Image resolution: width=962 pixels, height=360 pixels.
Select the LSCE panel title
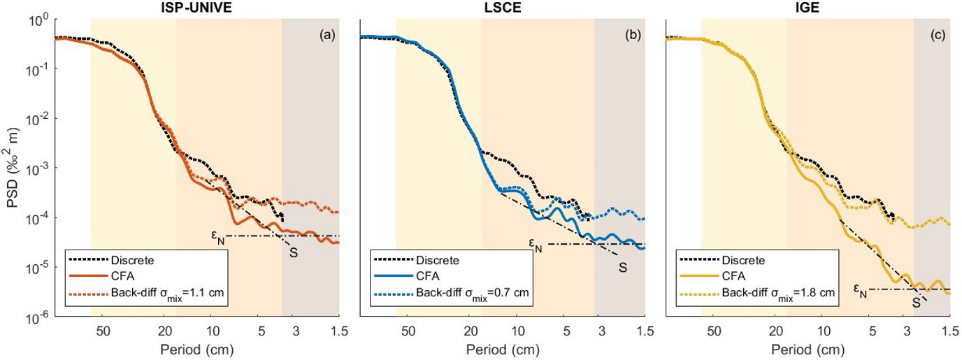[502, 8]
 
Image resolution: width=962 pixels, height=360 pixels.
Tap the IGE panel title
[807, 8]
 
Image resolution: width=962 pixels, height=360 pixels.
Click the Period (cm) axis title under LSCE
[502, 347]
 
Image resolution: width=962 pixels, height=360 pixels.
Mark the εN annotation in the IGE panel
[861, 289]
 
